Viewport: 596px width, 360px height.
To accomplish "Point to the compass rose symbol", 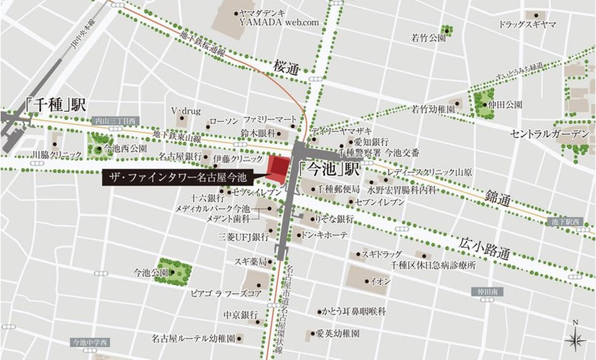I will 575,339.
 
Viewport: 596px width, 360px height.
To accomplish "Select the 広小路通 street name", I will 484,247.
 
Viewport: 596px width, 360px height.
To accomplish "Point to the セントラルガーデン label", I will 549,134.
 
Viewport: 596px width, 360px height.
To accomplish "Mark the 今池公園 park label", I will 151,273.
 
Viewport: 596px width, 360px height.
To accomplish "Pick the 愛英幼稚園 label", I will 337,334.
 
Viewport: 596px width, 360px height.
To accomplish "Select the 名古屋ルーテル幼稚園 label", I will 193,338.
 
